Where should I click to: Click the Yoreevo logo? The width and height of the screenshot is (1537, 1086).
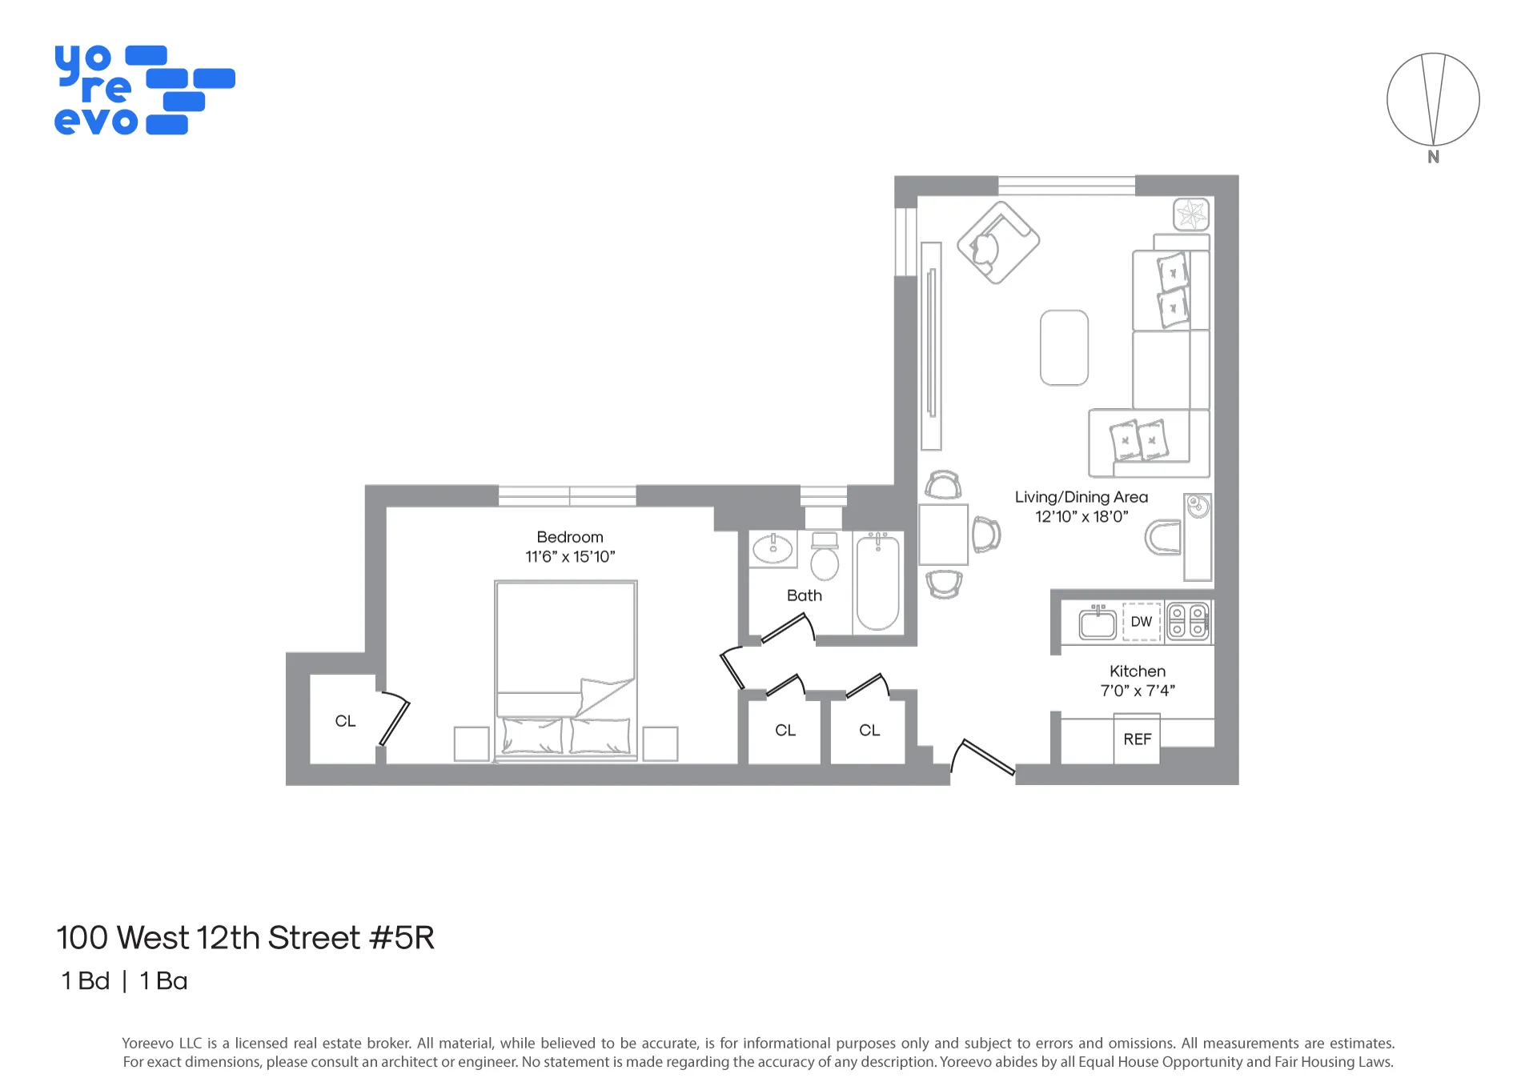click(x=144, y=90)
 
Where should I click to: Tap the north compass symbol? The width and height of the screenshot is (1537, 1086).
click(x=1433, y=100)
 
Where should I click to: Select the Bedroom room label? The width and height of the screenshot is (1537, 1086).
click(x=570, y=537)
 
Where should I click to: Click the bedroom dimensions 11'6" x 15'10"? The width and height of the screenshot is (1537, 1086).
click(x=570, y=557)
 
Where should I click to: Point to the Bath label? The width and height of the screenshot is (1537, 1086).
click(x=805, y=595)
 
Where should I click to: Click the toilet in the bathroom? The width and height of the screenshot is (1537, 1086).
click(x=825, y=557)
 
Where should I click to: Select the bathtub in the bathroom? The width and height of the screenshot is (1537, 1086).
click(x=878, y=583)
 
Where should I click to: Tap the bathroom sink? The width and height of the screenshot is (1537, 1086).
click(x=773, y=549)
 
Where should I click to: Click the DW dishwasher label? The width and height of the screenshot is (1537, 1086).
click(x=1142, y=622)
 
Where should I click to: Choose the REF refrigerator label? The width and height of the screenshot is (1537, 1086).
click(x=1138, y=739)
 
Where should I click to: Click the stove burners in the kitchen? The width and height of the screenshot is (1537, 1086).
click(x=1188, y=622)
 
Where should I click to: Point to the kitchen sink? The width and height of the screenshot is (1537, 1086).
click(x=1098, y=623)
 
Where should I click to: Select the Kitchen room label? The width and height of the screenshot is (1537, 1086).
click(x=1138, y=671)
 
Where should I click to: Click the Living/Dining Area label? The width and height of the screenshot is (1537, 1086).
click(x=1082, y=497)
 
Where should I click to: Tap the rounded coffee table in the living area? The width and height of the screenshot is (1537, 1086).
click(x=1064, y=348)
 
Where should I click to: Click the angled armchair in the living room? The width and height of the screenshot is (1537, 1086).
click(x=998, y=242)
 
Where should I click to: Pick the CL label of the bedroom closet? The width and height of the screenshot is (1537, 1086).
click(x=345, y=721)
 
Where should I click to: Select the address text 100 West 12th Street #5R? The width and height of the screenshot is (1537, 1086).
click(x=245, y=938)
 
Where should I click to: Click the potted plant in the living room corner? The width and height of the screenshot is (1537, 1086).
click(x=1191, y=214)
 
